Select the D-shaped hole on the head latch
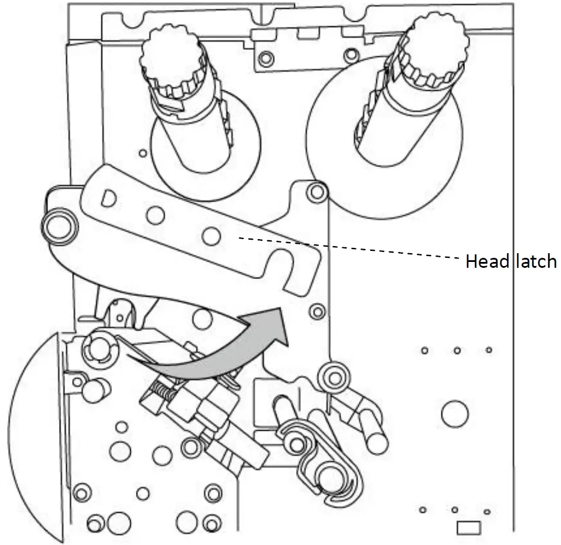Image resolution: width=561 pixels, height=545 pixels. tap(108, 197)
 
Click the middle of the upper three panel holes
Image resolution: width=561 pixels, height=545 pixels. tap(457, 350)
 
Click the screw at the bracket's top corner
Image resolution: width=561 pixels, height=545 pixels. tap(317, 190)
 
